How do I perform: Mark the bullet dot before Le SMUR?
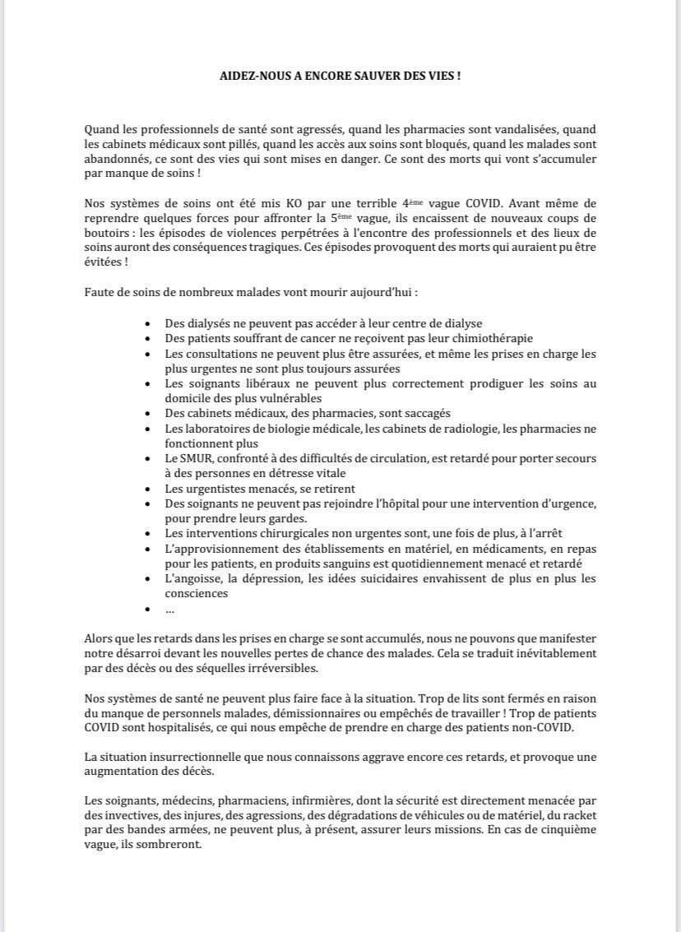click(x=148, y=459)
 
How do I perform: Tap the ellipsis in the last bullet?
click(x=169, y=610)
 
